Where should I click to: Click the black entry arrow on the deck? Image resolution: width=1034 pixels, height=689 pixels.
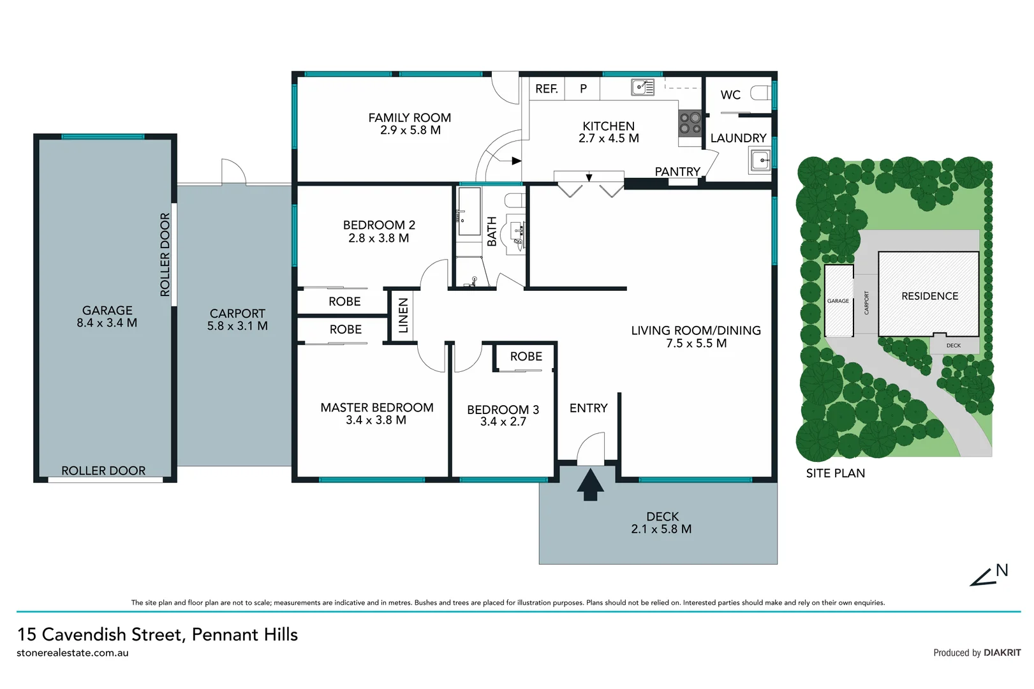coord(590,485)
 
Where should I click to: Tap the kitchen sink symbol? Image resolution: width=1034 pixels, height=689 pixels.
coord(642,87)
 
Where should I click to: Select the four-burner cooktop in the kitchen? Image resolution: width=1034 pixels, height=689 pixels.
coord(690,122)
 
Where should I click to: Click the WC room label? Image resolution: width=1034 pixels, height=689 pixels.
coord(730,95)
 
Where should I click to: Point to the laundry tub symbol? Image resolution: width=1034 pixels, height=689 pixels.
coord(760,161)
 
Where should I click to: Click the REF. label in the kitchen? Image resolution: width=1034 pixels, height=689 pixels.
coord(546,89)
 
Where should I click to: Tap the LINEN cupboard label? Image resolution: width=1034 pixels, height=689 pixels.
coord(403,315)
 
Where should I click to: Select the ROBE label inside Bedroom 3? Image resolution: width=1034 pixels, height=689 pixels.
coord(526,357)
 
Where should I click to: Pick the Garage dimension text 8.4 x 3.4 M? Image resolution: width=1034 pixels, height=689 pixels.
coord(107,323)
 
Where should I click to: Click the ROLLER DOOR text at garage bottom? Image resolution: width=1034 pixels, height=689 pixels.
coord(103,471)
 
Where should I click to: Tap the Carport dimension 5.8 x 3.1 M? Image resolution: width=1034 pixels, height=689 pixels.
coord(237,326)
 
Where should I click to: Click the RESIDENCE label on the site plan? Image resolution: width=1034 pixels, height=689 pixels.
coord(929,296)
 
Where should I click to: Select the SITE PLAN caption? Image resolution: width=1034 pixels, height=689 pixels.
coord(835,473)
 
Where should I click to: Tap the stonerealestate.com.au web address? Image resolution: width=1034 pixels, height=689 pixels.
coord(73,653)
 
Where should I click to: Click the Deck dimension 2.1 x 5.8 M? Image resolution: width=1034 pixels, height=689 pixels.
coord(661,529)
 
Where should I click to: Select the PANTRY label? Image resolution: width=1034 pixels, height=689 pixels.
coord(677,171)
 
